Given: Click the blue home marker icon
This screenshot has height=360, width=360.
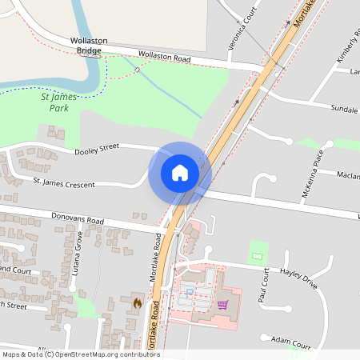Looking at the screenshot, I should pos(180,173).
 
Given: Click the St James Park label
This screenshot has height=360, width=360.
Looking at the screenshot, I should pos(59,101).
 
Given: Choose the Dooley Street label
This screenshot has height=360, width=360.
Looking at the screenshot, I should pos(96,148).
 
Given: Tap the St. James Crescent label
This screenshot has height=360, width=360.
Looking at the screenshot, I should pos(63,184).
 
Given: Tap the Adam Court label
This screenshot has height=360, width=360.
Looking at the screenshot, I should pos(290,342).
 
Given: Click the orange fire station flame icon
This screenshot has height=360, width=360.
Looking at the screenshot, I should pos(137,304).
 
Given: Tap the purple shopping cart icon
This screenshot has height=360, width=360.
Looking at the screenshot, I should pos(222,304).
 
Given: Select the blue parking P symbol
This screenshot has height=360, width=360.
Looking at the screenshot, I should pos(189,294).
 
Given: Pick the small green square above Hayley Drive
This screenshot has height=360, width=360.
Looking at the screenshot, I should pos(257,250).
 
